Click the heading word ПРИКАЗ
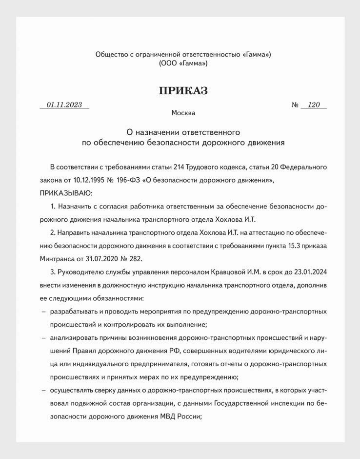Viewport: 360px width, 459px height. [x=183, y=91]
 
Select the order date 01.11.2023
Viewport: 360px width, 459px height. [x=64, y=104]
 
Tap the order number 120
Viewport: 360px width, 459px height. [x=314, y=104]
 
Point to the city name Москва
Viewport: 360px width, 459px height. [x=183, y=113]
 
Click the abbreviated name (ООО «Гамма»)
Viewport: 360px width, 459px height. [x=183, y=63]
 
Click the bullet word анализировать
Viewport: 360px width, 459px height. [x=74, y=337]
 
